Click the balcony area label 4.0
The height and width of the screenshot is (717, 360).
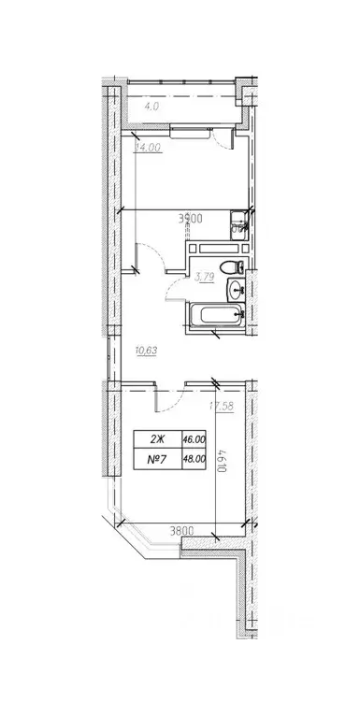[152, 107]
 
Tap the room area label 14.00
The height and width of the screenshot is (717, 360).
[147, 147]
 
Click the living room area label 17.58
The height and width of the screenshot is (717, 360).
[223, 406]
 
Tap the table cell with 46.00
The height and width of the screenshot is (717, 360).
[193, 437]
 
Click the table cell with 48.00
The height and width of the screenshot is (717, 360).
[193, 459]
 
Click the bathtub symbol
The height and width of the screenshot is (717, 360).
[213, 317]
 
